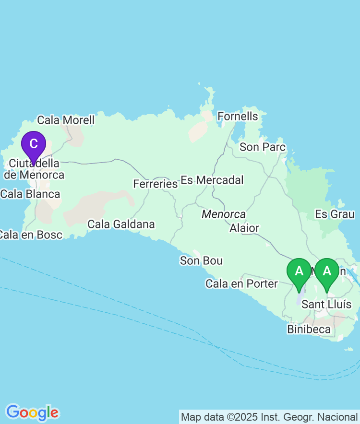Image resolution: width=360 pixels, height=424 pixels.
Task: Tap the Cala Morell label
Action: point(66,120)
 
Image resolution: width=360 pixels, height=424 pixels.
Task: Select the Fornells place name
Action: point(238,117)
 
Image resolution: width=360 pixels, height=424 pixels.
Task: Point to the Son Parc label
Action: point(263,147)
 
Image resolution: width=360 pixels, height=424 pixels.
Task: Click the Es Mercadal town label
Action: point(212,180)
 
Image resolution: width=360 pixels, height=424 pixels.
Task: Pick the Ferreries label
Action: point(155,184)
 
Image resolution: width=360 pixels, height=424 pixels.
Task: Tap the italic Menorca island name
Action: point(224,214)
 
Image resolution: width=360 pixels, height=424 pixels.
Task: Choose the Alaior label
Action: point(244,228)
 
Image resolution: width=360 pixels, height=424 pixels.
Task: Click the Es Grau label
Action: point(335,214)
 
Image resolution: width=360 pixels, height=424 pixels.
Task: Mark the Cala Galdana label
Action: point(121,224)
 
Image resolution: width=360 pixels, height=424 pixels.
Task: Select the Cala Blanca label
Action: point(30,194)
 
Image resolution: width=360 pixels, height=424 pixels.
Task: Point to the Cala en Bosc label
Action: point(30,235)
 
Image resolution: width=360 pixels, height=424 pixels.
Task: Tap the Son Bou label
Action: point(201,261)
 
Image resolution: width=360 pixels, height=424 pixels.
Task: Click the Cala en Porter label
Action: point(241,284)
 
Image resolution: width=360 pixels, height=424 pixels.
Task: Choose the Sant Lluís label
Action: point(326,305)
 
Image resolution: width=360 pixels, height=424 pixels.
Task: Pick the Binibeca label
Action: point(309,329)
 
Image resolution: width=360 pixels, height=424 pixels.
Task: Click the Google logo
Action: point(32,412)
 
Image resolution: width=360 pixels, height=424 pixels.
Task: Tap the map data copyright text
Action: point(269,417)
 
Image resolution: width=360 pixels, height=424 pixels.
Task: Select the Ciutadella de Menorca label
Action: point(35,169)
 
